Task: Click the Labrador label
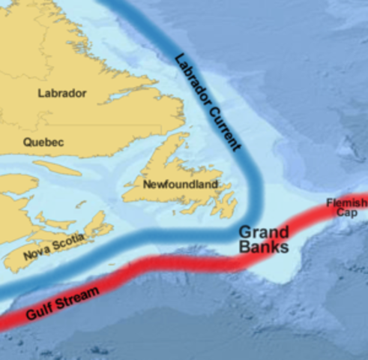coord(61,94)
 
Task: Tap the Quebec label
coord(43,141)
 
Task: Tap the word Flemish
coord(347,203)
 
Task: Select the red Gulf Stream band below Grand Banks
coord(225,262)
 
